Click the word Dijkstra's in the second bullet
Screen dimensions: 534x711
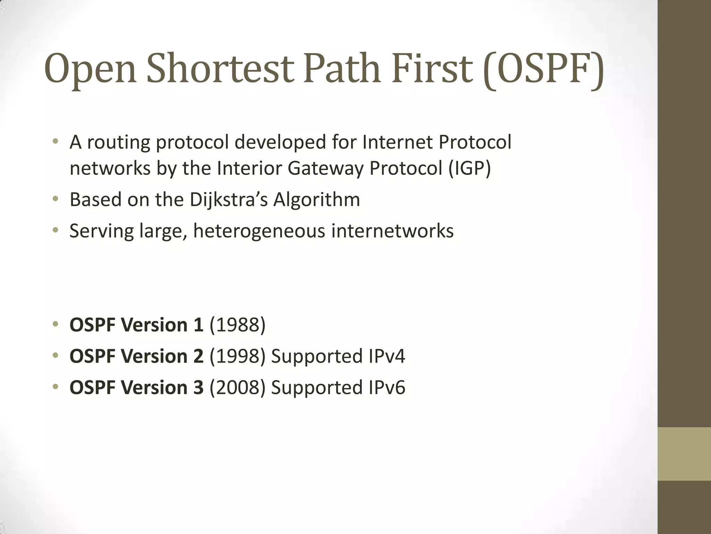[x=229, y=200]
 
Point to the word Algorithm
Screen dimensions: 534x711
[x=317, y=200]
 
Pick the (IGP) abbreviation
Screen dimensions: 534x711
[x=469, y=168]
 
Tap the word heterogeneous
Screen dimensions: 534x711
[x=259, y=231]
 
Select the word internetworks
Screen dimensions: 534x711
[x=392, y=231]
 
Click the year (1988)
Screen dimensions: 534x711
[x=237, y=325]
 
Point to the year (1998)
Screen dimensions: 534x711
[x=237, y=356]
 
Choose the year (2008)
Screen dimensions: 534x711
[x=237, y=387]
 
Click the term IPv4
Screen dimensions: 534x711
[x=386, y=356]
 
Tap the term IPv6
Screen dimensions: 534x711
[x=386, y=387]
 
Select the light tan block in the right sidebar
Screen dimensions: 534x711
[x=684, y=454]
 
